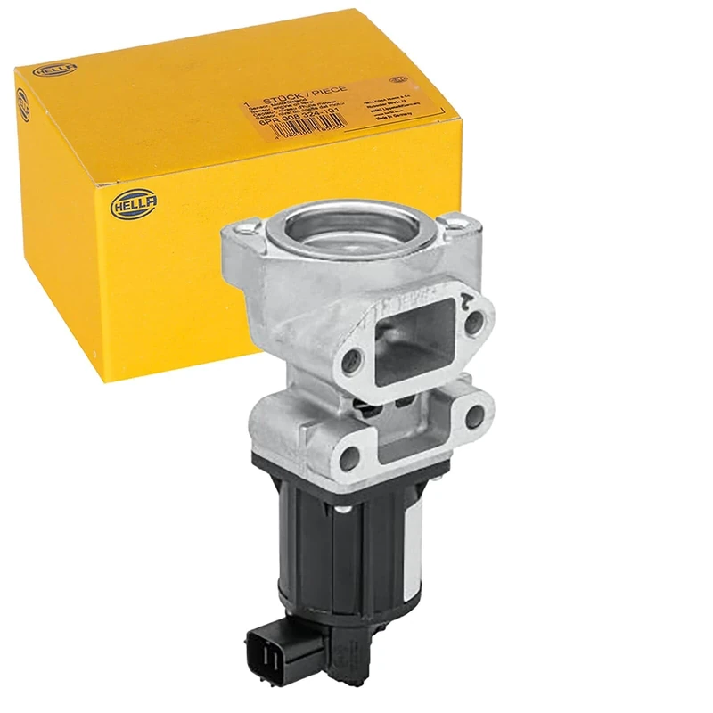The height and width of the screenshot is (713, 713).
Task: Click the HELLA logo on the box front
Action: tap(135, 203)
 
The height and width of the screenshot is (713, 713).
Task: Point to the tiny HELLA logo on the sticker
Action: tap(406, 78)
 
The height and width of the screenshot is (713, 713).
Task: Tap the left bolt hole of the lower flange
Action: tap(351, 458)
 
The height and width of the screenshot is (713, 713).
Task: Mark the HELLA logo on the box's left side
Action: tap(22, 104)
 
